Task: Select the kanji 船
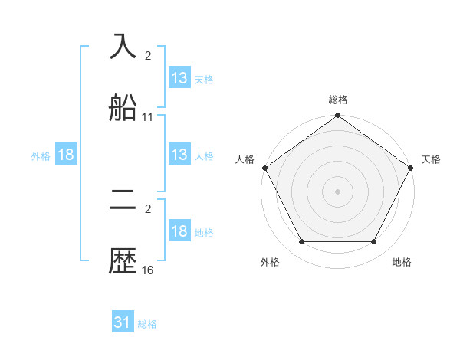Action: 123,109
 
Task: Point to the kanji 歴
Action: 123,262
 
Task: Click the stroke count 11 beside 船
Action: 148,117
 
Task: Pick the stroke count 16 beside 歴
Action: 148,270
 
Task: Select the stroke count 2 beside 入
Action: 148,55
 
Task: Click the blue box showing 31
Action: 123,322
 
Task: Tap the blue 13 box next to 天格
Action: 179,78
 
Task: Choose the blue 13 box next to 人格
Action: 179,155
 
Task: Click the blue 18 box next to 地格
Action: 179,231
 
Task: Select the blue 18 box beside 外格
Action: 66,155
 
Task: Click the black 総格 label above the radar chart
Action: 338,100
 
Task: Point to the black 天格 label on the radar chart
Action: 431,159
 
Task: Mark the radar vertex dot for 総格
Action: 338,116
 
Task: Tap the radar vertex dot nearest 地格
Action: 374,242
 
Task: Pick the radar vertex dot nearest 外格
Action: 301,242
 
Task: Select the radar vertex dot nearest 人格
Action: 264,168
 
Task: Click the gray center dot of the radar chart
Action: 338,191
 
